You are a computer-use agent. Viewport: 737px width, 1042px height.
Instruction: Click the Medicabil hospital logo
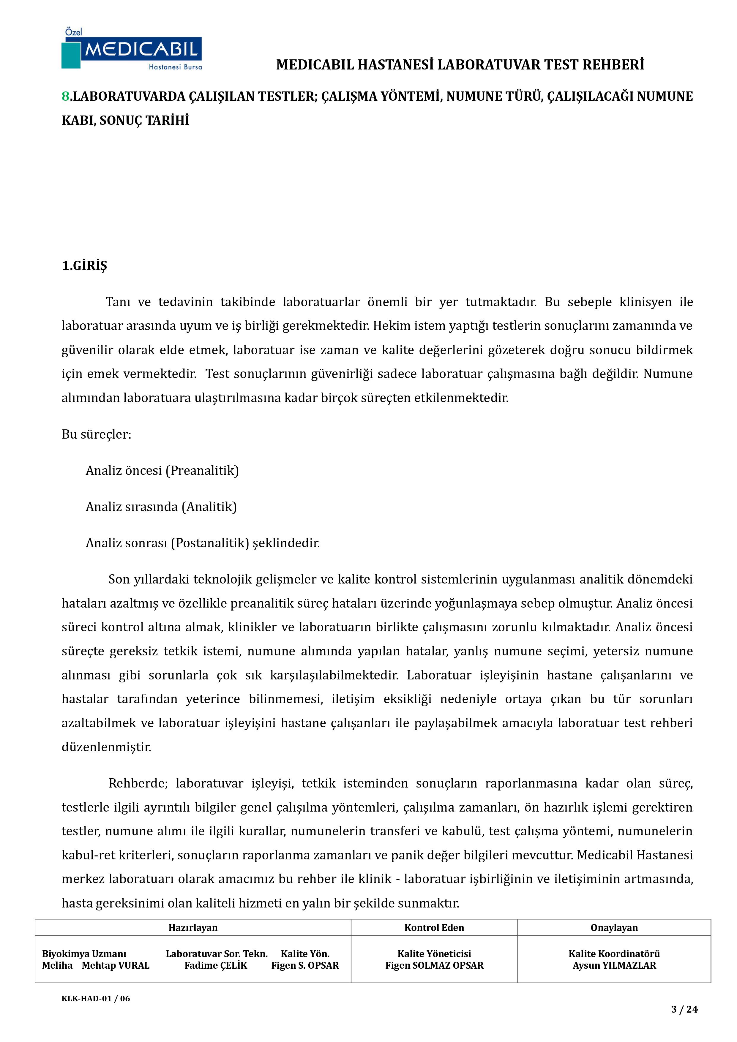pyautogui.click(x=132, y=49)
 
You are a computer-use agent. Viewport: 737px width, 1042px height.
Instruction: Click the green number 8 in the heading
pyautogui.click(x=65, y=96)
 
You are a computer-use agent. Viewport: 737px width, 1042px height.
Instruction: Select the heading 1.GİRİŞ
pyautogui.click(x=84, y=265)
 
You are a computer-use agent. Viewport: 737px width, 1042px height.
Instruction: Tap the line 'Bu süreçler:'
pyautogui.click(x=96, y=434)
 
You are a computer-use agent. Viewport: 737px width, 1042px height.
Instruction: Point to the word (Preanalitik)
pyautogui.click(x=202, y=470)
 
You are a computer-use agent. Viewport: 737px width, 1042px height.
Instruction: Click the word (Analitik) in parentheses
pyautogui.click(x=209, y=507)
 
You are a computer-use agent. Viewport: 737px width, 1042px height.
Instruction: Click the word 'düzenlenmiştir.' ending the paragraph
pyautogui.click(x=106, y=747)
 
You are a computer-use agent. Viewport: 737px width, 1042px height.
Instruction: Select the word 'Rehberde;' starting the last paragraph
pyautogui.click(x=138, y=783)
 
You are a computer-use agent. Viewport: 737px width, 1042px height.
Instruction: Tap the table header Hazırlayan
pyautogui.click(x=193, y=928)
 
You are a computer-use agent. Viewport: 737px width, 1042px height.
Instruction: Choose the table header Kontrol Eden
pyautogui.click(x=434, y=928)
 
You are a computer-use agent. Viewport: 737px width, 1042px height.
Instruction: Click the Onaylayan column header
pyautogui.click(x=614, y=928)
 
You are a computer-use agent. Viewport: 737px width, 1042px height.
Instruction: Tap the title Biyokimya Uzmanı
pyautogui.click(x=84, y=954)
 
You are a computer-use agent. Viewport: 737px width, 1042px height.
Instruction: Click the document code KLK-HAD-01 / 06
pyautogui.click(x=96, y=998)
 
